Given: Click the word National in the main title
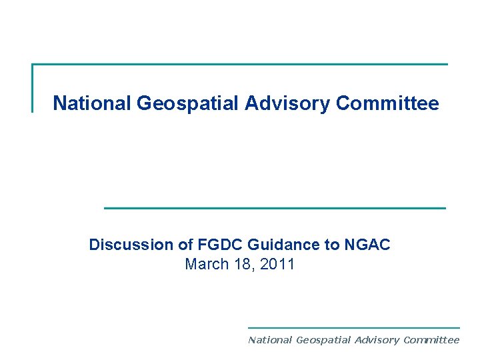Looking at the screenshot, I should pyautogui.click(x=92, y=104).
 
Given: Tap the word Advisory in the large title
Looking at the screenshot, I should pyautogui.click(x=289, y=104).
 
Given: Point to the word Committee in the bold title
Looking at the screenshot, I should pyautogui.click(x=387, y=104).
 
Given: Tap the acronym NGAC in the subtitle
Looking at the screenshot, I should pyautogui.click(x=367, y=245).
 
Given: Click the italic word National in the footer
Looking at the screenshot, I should pyautogui.click(x=270, y=340).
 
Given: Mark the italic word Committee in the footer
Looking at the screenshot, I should pyautogui.click(x=431, y=340).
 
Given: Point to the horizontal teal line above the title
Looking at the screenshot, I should pyautogui.click(x=240, y=65).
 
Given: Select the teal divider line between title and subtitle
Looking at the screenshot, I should pyautogui.click(x=275, y=208).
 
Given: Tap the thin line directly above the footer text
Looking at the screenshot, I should pyautogui.click(x=353, y=327).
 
